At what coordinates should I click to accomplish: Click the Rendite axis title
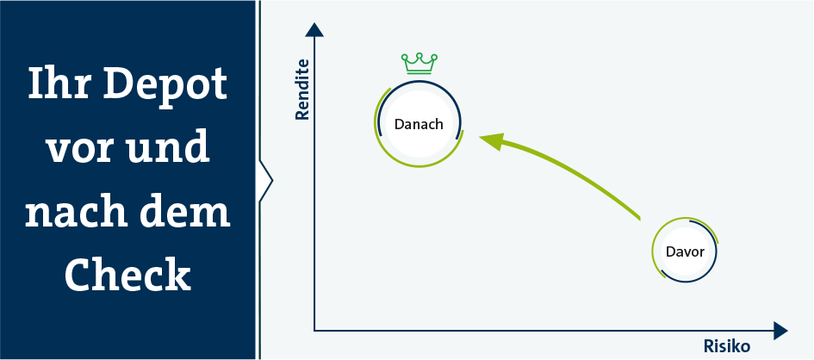tap(302, 90)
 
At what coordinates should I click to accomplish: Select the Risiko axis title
tap(727, 346)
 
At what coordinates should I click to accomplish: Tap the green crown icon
tap(419, 64)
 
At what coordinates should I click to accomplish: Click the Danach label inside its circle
tap(419, 125)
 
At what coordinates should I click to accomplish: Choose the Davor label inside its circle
tap(685, 252)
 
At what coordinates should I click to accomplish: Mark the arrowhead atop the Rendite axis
tap(314, 29)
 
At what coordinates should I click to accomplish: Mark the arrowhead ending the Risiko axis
tap(780, 331)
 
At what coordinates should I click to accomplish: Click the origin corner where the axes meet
tap(314, 331)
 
